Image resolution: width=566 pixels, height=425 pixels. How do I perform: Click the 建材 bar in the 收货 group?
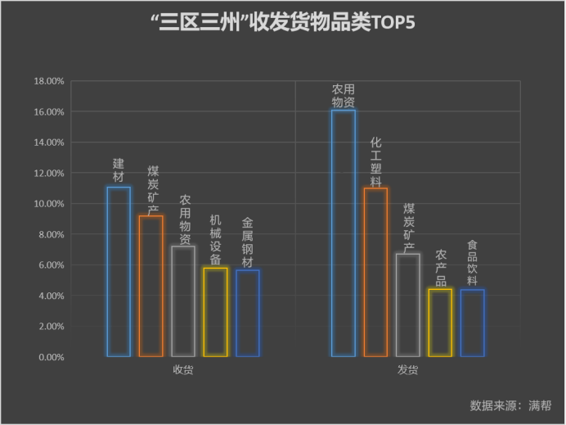119,271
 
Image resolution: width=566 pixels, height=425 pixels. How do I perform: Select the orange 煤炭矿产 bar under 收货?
150,286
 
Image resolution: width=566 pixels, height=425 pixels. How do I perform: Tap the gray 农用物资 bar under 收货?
183,301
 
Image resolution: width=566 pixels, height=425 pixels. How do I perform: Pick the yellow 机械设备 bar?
215,312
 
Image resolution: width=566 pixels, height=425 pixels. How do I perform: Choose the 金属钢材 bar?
247,314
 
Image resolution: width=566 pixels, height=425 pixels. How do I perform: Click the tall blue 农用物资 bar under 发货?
344,233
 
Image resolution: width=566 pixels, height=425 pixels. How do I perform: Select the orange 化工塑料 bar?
375,272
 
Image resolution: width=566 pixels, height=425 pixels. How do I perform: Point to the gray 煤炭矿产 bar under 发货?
408,305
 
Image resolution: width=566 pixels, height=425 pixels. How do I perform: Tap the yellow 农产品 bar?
440,323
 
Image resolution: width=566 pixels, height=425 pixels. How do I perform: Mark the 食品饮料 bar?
472,323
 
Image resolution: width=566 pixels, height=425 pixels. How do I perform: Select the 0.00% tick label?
52,357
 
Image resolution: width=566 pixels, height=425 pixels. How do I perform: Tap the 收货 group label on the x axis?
182,369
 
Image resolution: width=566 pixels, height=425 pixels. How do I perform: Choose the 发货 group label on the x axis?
407,370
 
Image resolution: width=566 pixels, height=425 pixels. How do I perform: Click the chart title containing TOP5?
283,23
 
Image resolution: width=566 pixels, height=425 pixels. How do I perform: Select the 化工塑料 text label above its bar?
375,161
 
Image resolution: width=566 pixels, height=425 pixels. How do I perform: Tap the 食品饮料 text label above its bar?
472,262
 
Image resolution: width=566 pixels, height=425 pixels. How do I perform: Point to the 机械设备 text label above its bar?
215,239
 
